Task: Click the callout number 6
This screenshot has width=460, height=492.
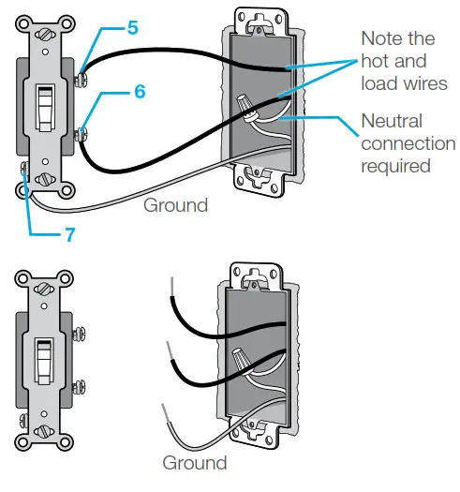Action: tap(140, 92)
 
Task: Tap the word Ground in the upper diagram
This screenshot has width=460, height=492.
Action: tap(175, 203)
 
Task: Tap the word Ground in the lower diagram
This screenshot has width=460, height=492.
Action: tap(194, 463)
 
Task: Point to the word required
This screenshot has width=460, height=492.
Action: tap(395, 166)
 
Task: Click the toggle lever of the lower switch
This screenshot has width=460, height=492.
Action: tap(43, 358)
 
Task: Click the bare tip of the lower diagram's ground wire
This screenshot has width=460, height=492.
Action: tap(164, 411)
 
